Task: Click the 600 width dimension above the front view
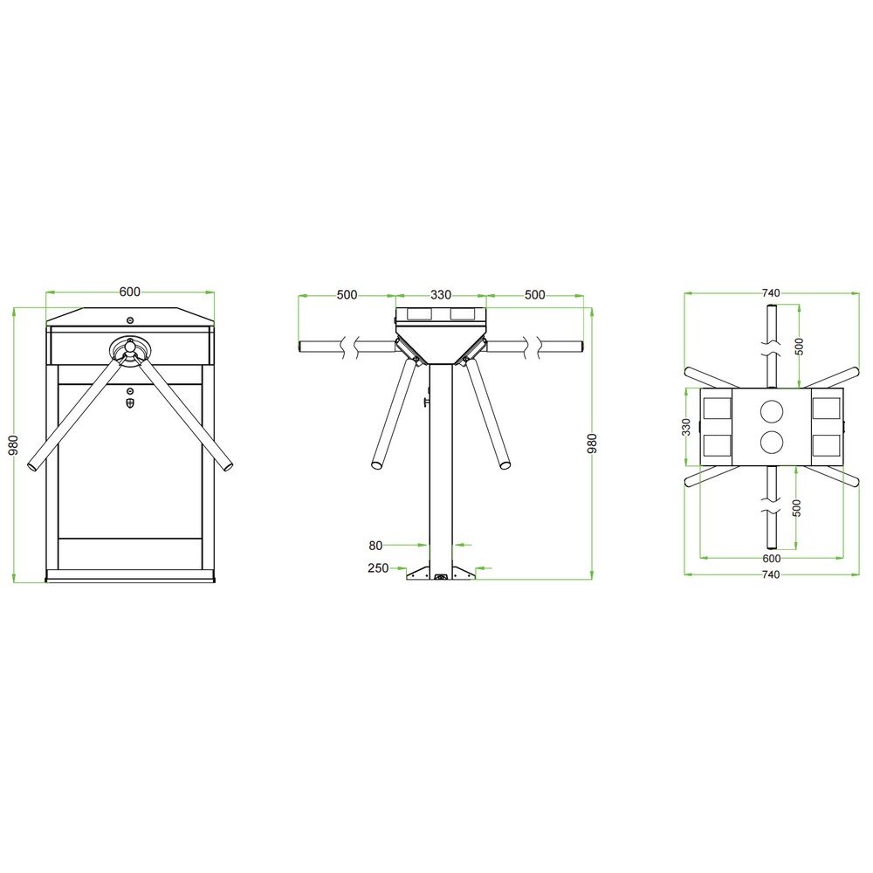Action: (x=130, y=292)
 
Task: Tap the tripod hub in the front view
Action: (x=130, y=350)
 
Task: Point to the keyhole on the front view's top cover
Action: (x=130, y=320)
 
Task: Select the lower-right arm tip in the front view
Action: (x=227, y=464)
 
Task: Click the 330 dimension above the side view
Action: (x=440, y=294)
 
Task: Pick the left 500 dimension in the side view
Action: (x=347, y=294)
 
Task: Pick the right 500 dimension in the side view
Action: (x=534, y=294)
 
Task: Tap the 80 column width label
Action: (x=375, y=546)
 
